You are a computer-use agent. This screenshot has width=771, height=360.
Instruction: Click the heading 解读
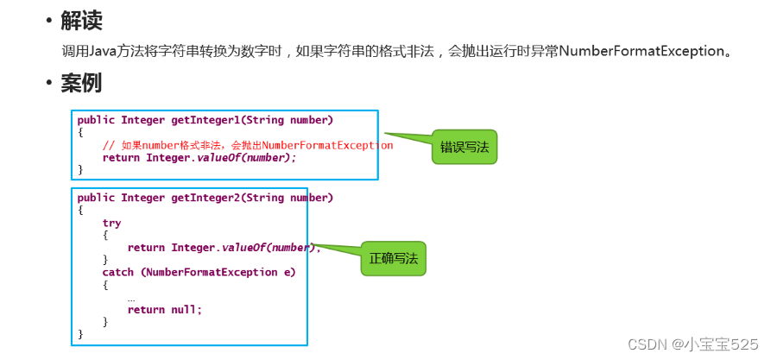point(82,20)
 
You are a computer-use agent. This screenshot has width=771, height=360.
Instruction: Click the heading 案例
point(82,84)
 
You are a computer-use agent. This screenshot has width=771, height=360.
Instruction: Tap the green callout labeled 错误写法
point(464,148)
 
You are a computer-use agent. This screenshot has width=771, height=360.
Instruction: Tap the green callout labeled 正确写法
point(393,258)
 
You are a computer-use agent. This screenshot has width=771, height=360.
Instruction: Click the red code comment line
point(247,145)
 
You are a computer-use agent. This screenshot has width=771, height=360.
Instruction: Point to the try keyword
point(111,223)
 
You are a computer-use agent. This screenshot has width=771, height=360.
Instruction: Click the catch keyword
point(117,273)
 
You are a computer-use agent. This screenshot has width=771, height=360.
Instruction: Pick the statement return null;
point(164,310)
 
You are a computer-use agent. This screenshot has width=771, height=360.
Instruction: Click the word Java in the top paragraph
point(111,51)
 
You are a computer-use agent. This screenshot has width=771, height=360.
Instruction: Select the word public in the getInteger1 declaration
point(95,120)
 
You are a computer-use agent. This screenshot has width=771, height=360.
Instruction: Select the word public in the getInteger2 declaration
point(95,198)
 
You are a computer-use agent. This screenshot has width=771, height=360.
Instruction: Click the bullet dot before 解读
point(49,21)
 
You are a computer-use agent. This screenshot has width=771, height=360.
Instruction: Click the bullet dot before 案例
point(49,85)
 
